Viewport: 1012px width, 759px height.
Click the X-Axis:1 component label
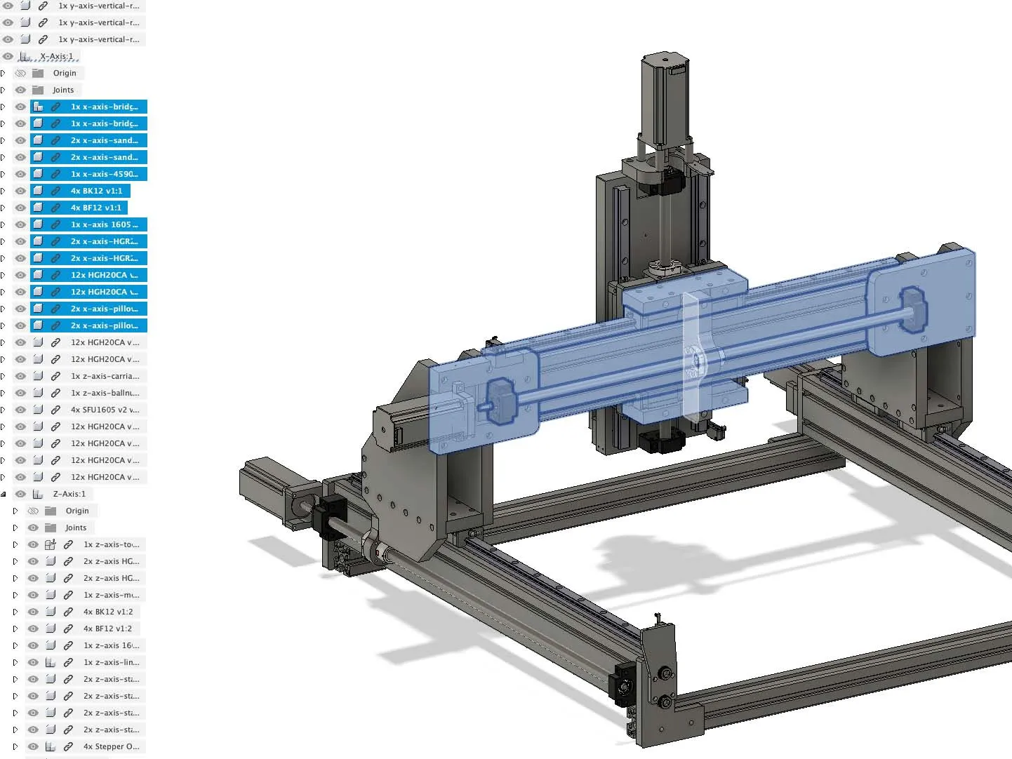[x=56, y=56]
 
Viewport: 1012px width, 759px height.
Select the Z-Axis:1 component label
[x=69, y=494]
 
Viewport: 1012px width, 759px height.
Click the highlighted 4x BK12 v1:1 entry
[x=96, y=191]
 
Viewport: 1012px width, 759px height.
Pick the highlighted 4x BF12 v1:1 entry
[x=95, y=208]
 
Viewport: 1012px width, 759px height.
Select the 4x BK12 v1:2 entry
[x=107, y=612]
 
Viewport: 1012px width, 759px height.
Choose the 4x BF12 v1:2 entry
[x=107, y=629]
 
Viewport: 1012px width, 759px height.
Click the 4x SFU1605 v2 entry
[x=105, y=410]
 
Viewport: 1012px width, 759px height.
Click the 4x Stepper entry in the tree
[x=111, y=746]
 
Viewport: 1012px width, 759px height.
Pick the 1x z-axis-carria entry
[x=105, y=376]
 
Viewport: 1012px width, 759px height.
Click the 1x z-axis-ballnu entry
[x=105, y=393]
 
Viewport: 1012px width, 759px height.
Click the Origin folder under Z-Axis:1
[x=77, y=511]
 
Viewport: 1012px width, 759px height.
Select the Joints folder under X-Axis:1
[x=63, y=90]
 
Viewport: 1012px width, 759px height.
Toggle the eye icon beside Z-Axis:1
[x=20, y=494]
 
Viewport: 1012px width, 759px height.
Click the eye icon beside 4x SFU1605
[x=20, y=410]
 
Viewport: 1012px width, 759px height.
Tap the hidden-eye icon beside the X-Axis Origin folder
[x=20, y=73]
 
